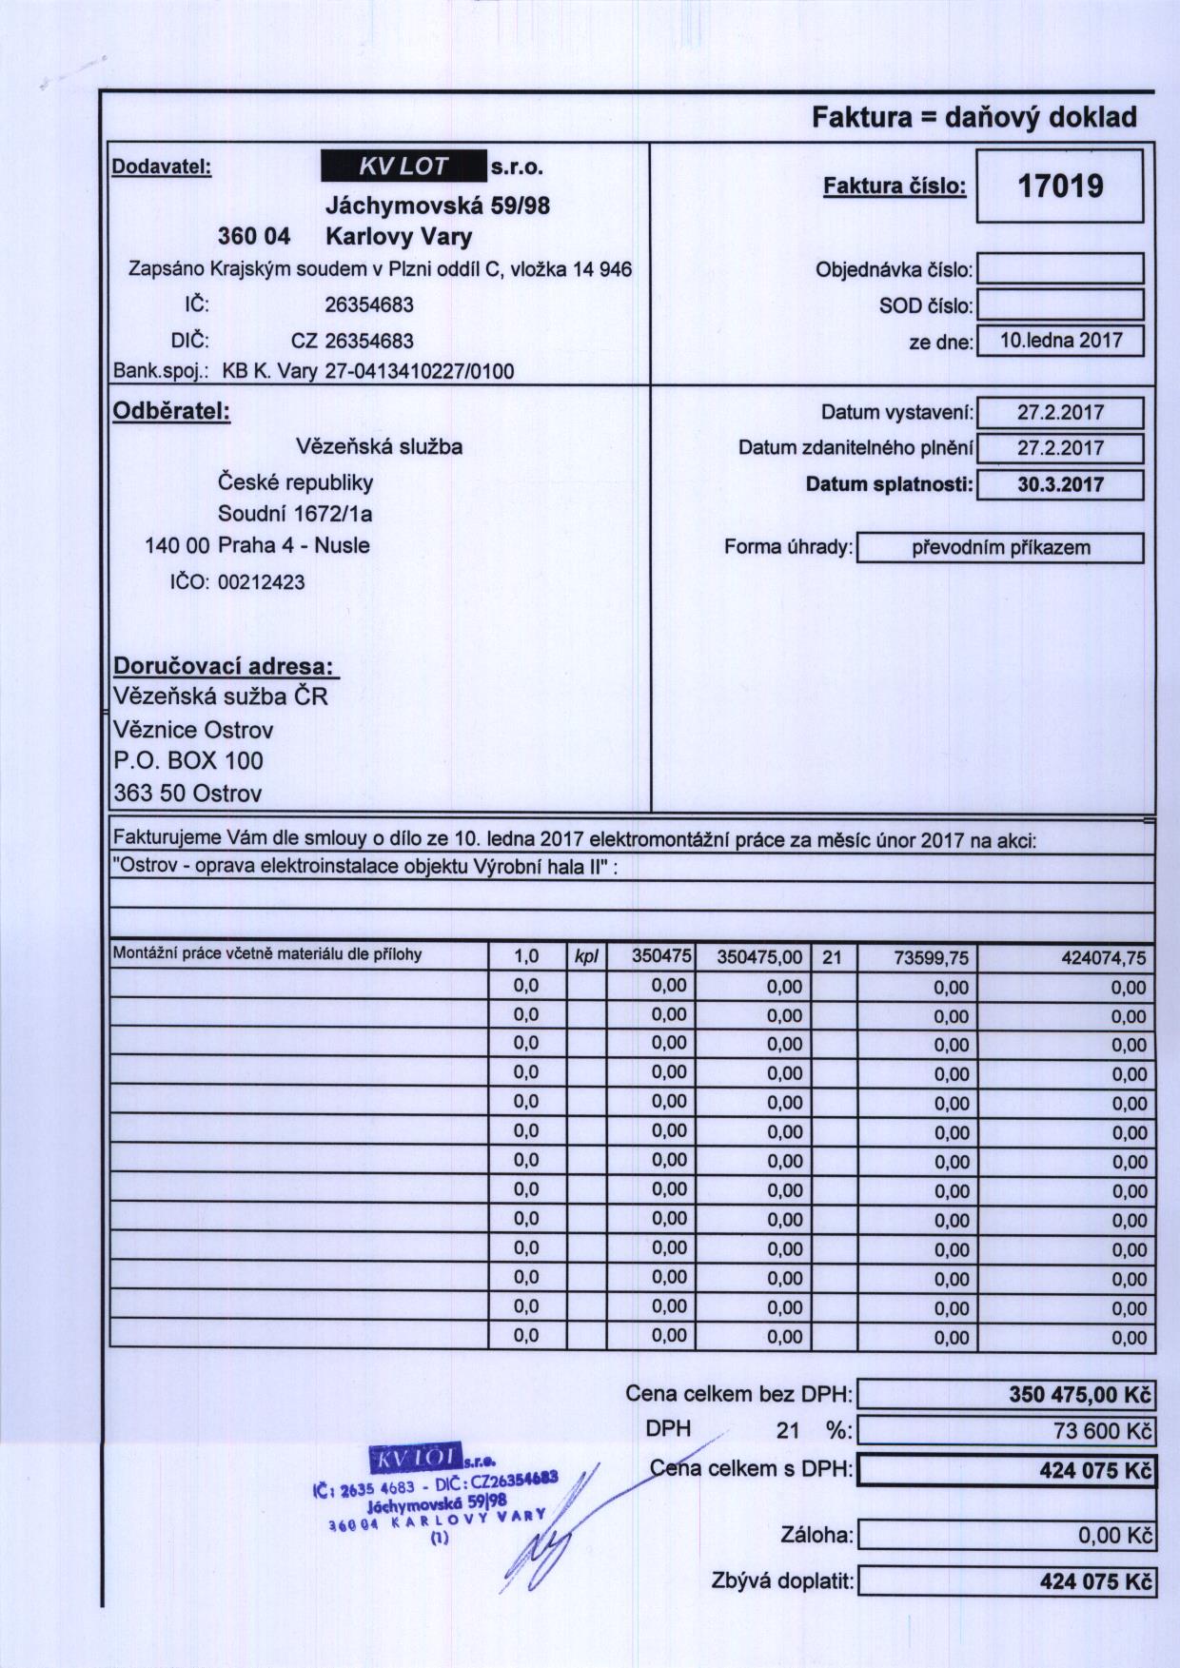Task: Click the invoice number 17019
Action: coord(1060,186)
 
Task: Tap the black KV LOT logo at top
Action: coord(403,167)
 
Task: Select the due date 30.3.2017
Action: coord(1060,484)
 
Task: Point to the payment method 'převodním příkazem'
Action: coord(1000,548)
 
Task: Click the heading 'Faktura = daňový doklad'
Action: coord(973,118)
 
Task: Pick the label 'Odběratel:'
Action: coord(171,412)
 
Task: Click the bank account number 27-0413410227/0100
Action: coord(420,371)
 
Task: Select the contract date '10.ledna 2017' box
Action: coord(1060,341)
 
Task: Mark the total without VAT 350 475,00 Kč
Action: coord(1079,1396)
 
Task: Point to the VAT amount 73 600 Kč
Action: coord(1099,1431)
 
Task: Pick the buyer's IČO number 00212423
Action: coord(262,582)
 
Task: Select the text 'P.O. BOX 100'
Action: coord(188,761)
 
